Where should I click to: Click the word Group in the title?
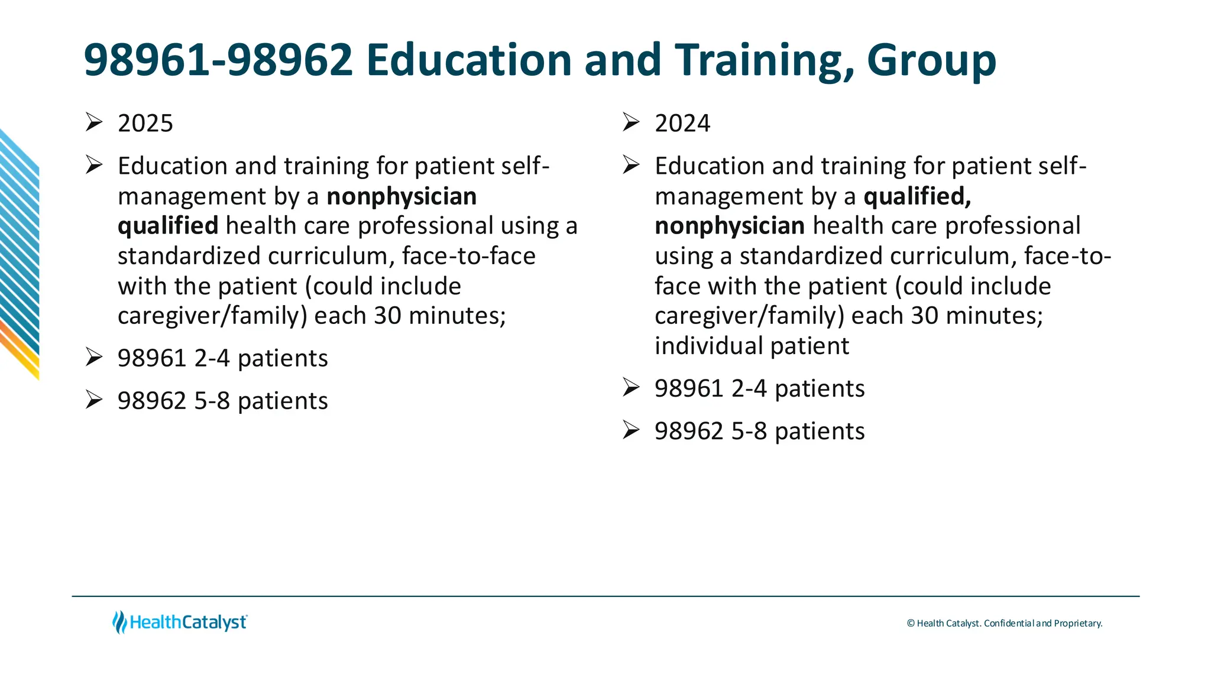click(x=931, y=61)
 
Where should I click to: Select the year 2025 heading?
click(x=145, y=124)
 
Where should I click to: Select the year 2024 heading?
click(x=682, y=124)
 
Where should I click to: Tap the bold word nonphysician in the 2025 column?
click(x=401, y=196)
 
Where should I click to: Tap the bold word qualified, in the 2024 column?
click(x=917, y=196)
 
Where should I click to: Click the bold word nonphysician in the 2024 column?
click(x=730, y=226)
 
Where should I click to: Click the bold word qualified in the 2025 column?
click(x=168, y=226)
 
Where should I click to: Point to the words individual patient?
click(x=752, y=346)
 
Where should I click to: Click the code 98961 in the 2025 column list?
click(x=152, y=359)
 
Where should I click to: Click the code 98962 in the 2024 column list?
click(x=689, y=432)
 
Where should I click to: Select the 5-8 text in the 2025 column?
click(x=212, y=401)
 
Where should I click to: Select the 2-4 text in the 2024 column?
click(x=749, y=389)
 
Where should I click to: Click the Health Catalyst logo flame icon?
click(x=119, y=622)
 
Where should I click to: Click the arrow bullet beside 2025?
click(x=94, y=122)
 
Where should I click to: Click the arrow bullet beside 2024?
click(x=631, y=122)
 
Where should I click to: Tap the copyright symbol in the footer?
click(x=911, y=624)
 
